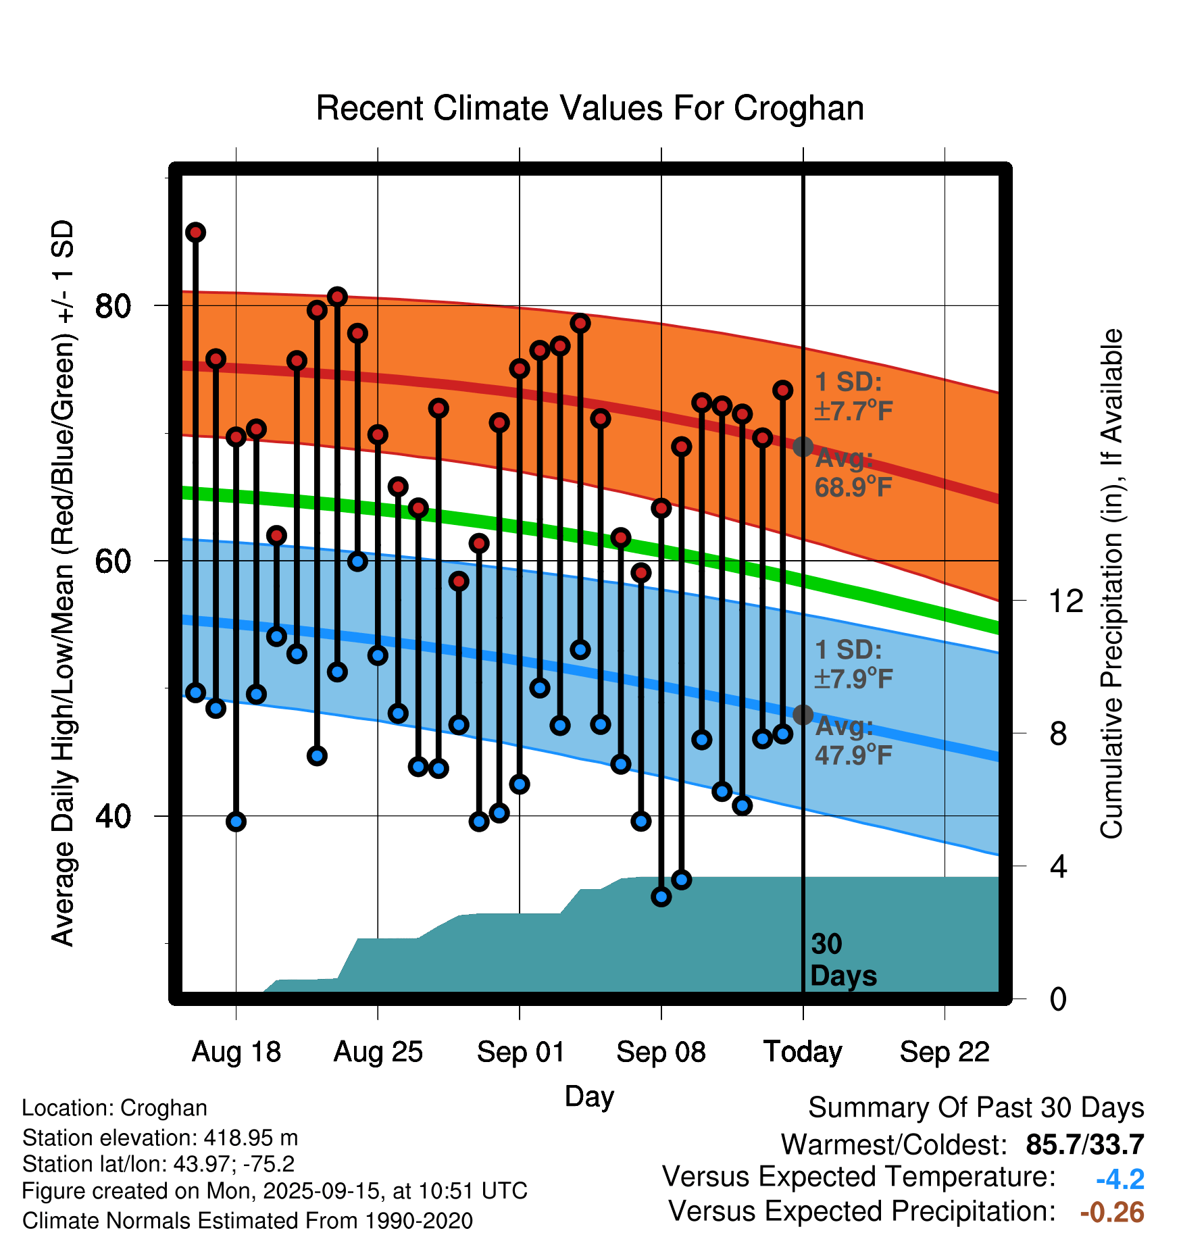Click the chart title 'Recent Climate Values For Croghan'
click(590, 108)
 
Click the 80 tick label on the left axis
click(112, 306)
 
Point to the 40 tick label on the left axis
click(112, 816)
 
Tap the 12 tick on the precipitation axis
click(1066, 601)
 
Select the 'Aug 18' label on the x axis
click(236, 1052)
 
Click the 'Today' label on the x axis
click(803, 1052)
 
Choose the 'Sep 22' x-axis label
click(945, 1052)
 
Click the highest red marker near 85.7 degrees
click(196, 232)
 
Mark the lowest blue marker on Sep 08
click(661, 897)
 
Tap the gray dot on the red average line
click(803, 447)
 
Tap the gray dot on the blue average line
click(803, 714)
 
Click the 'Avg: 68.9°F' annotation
click(853, 473)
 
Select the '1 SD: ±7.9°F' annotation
click(853, 664)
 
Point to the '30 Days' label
click(842, 960)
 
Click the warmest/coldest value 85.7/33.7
click(1084, 1145)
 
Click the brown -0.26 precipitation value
click(1112, 1212)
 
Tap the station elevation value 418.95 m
click(251, 1138)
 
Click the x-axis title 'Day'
click(589, 1096)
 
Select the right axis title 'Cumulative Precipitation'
click(1112, 584)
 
